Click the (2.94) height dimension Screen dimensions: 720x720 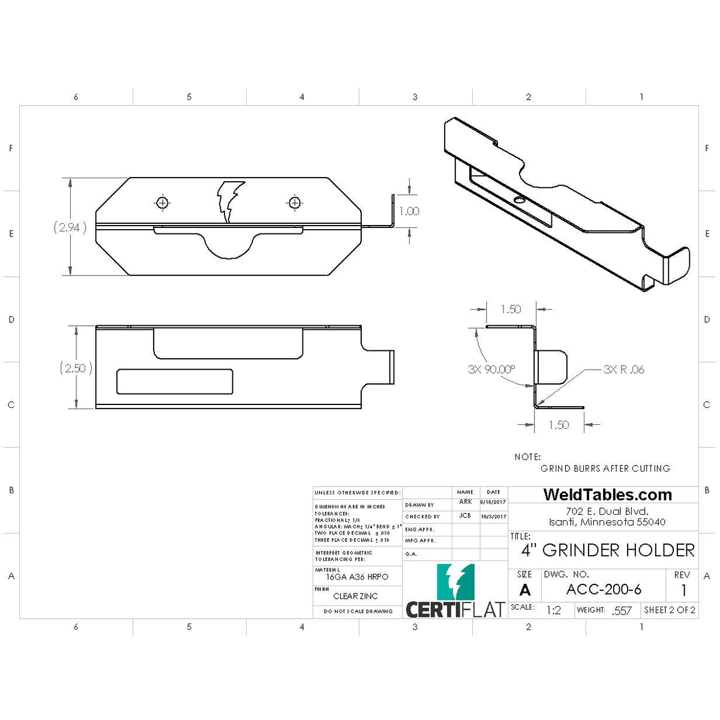[x=70, y=227]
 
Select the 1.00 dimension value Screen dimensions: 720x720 [x=409, y=211]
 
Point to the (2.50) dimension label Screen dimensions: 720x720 [x=76, y=368]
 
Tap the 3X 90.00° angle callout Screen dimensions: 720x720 [x=491, y=370]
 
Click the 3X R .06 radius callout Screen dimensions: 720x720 [x=623, y=370]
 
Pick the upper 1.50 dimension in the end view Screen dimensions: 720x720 [x=511, y=310]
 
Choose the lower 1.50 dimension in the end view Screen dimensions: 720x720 [x=559, y=425]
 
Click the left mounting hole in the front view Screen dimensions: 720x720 [x=162, y=203]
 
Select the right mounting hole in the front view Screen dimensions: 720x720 [x=295, y=203]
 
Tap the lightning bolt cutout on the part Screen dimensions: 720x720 [x=230, y=200]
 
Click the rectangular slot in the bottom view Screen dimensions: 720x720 [x=175, y=382]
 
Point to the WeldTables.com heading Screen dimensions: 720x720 [x=607, y=495]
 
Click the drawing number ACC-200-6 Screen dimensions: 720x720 [x=604, y=589]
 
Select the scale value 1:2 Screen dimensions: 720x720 [x=553, y=610]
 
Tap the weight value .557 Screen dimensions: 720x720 [x=622, y=611]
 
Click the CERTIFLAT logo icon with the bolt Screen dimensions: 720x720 [x=455, y=582]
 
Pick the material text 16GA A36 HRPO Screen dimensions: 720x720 [x=357, y=577]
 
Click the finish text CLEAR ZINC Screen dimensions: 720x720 [x=356, y=596]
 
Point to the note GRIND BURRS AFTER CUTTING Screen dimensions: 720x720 [x=605, y=469]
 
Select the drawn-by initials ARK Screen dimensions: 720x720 [x=466, y=502]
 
